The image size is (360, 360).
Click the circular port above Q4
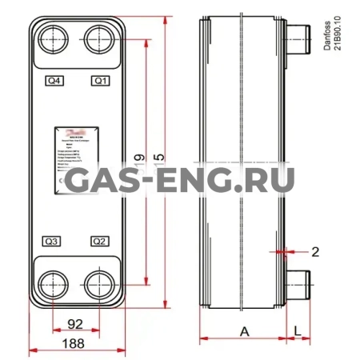53,37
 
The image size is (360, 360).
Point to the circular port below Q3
53,282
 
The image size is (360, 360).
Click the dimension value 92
75,326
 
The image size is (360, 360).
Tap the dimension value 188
74,344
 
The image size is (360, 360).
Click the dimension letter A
244,330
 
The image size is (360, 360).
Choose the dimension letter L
298,330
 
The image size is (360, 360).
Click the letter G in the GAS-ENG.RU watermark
82,182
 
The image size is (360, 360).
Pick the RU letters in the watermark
270,182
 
